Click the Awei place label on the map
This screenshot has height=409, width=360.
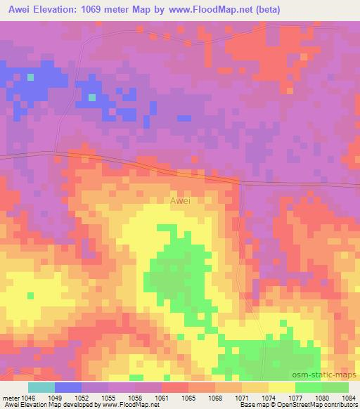pyautogui.click(x=180, y=200)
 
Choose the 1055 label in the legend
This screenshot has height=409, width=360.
pyautogui.click(x=108, y=397)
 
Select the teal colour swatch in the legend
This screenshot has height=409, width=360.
pyautogui.click(x=41, y=387)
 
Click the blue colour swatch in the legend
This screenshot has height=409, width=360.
pyautogui.click(x=67, y=387)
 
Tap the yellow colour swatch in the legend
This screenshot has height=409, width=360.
pyautogui.click(x=281, y=387)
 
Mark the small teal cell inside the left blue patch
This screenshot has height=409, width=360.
pyautogui.click(x=31, y=77)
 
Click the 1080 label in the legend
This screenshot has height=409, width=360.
pyautogui.click(x=321, y=397)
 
